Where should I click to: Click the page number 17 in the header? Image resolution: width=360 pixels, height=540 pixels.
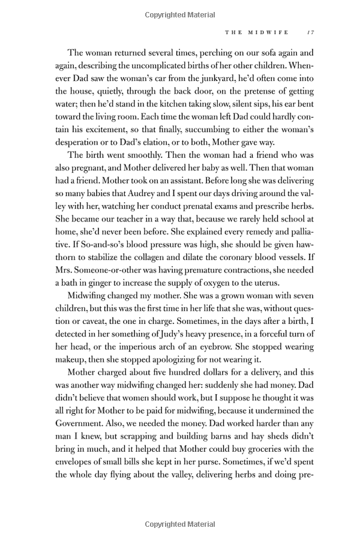310,33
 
